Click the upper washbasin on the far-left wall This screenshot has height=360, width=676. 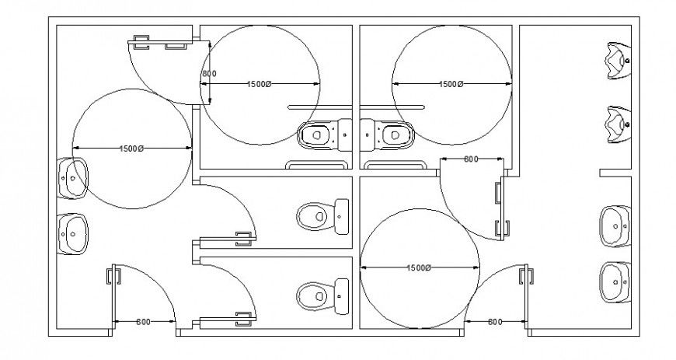pyautogui.click(x=72, y=178)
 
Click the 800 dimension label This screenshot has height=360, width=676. pyautogui.click(x=208, y=74)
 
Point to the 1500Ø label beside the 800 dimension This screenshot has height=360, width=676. pyautogui.click(x=260, y=84)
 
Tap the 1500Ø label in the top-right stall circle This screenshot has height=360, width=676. pyautogui.click(x=451, y=84)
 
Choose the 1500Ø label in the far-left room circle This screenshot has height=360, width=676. pyautogui.click(x=131, y=149)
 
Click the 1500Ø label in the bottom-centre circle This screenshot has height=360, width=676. pyautogui.click(x=419, y=268)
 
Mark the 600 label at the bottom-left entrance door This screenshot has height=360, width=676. pyautogui.click(x=144, y=322)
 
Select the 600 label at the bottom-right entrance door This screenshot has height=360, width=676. pyautogui.click(x=494, y=322)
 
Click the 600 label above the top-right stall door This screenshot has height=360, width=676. pyautogui.click(x=470, y=159)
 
